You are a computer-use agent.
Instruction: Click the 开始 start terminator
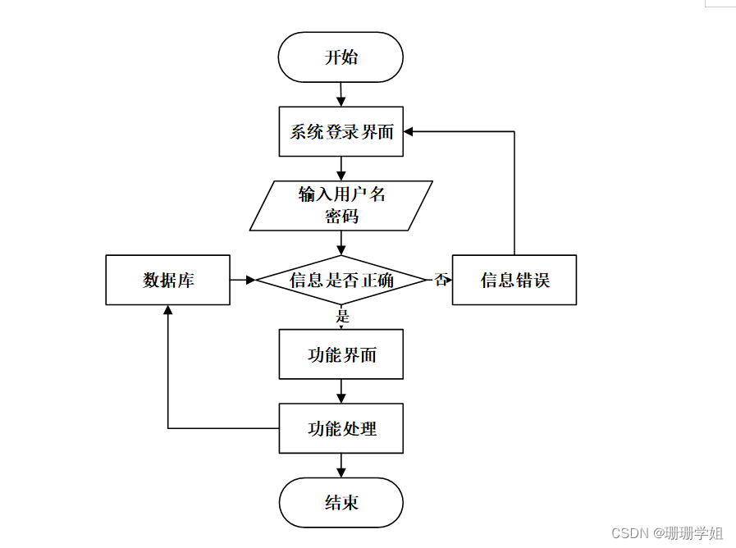click(341, 57)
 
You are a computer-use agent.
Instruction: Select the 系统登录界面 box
click(341, 131)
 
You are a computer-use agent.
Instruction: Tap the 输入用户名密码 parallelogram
click(341, 205)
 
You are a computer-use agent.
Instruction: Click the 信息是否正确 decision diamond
click(341, 280)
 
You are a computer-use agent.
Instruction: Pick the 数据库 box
click(168, 280)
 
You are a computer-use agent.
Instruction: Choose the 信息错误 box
click(514, 280)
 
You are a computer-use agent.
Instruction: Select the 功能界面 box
click(341, 354)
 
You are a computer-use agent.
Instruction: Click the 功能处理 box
click(341, 428)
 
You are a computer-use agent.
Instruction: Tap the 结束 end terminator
click(341, 502)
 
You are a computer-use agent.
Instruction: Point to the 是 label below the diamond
click(343, 316)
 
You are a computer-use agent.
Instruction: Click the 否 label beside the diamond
click(441, 280)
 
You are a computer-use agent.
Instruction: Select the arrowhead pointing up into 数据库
click(168, 311)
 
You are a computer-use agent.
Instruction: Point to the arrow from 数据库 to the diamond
click(243, 280)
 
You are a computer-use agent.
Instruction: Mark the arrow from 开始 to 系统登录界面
click(341, 94)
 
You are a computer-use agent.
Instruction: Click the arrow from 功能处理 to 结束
click(341, 465)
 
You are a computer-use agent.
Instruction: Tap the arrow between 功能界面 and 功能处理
click(341, 391)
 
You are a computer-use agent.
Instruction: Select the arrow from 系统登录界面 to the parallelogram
click(341, 168)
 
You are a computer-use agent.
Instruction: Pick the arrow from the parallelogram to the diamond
click(341, 243)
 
